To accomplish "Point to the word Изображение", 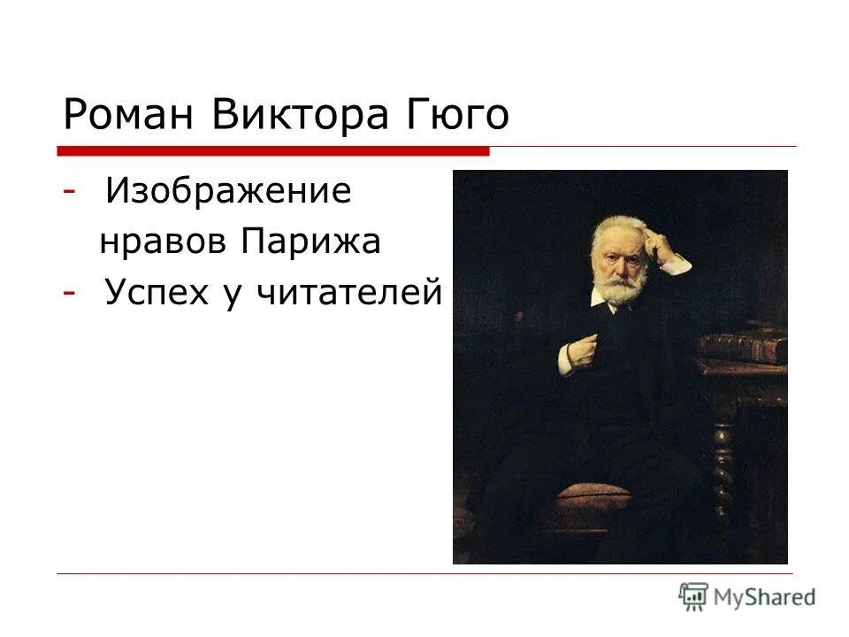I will (227, 192).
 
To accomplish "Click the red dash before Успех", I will (69, 293).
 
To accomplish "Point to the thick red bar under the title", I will (274, 150).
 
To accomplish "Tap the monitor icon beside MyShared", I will (694, 595).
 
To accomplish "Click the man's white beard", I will (618, 288).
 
